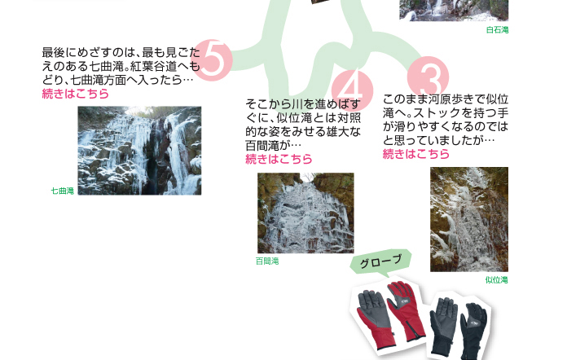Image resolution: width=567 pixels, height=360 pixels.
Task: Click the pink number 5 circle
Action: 213,60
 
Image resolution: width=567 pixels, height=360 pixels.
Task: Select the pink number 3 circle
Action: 428,77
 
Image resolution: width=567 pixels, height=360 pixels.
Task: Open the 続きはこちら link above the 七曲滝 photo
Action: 75,94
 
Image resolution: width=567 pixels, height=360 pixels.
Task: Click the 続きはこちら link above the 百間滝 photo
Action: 279,159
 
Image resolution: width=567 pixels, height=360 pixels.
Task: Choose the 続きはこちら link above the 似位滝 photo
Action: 415,154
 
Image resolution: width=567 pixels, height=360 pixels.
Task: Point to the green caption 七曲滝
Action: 63,191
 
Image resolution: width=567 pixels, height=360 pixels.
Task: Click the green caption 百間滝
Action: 267,261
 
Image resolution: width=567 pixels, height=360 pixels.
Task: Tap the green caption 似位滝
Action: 496,280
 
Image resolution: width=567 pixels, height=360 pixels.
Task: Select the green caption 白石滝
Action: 497,30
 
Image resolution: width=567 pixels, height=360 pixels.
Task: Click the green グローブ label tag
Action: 380,261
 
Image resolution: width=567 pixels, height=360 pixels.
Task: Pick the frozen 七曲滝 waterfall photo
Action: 139,151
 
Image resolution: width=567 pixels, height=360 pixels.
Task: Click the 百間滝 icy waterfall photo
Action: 305,213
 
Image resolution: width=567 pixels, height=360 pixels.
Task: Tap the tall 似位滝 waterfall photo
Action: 469,219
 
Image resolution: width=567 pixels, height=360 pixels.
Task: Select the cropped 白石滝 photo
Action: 454,10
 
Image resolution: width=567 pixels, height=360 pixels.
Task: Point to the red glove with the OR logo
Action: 406,310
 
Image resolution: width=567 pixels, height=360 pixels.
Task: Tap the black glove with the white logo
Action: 473,331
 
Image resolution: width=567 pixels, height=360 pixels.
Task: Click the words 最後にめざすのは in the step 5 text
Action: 88,53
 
